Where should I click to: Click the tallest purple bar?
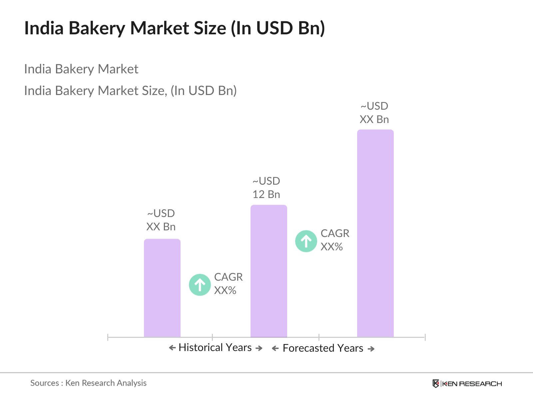[x=375, y=233]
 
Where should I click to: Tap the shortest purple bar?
[x=162, y=288]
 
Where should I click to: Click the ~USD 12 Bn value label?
[x=266, y=188]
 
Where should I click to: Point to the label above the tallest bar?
[x=374, y=113]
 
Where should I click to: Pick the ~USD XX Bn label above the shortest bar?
[x=161, y=220]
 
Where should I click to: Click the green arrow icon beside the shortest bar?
[x=200, y=285]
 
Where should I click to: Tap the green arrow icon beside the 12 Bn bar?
[x=306, y=241]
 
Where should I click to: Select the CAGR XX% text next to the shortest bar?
[x=228, y=284]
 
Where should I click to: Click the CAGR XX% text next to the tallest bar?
[x=335, y=240]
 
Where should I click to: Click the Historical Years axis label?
[x=215, y=348]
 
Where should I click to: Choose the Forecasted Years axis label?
[x=323, y=348]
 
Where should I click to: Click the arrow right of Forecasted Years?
[x=371, y=349]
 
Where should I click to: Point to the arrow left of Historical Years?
[x=172, y=348]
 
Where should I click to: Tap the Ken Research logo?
[x=467, y=384]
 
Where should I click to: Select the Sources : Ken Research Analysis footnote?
[x=88, y=383]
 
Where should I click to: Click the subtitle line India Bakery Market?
[x=81, y=69]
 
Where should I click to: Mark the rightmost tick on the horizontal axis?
[x=425, y=337]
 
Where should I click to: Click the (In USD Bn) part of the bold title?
[x=278, y=28]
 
